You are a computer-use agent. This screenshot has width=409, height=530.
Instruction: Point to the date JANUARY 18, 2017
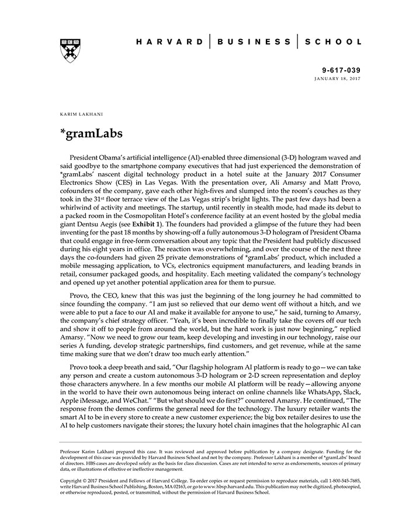click(x=338, y=78)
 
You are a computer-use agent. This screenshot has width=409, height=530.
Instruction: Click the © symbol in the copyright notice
click(x=87, y=480)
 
